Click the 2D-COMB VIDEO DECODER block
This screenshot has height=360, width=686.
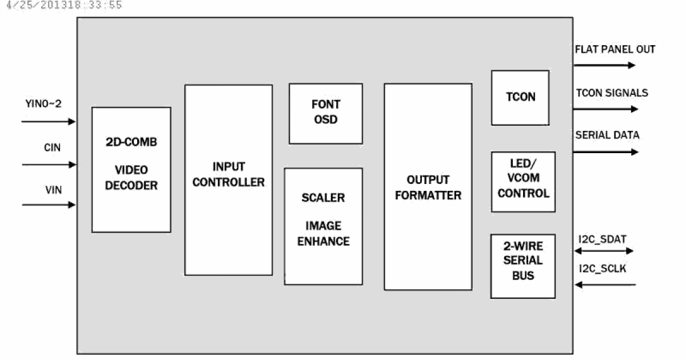coord(131,170)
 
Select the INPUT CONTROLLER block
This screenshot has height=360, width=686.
coord(228,180)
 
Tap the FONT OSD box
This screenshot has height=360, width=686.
coord(325,113)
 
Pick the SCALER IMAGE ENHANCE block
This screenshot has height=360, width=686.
coord(323,226)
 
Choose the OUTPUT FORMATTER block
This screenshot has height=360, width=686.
coord(428,187)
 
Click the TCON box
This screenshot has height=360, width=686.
coord(520,97)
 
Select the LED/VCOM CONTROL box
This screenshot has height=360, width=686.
coord(523,182)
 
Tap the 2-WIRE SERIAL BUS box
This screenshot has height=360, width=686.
coord(523,265)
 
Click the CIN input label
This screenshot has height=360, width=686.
coord(52,148)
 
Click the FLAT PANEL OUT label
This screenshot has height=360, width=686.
coord(615,50)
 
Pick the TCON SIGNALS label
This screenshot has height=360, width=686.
coord(611,93)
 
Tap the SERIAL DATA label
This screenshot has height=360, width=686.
coord(607,135)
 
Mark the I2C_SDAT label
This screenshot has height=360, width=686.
coord(603,238)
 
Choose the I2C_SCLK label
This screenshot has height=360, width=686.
coord(603,267)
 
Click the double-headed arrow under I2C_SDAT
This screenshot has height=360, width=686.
coord(604,251)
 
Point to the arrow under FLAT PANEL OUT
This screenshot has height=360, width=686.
coord(604,65)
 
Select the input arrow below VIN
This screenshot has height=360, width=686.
coord(49,205)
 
